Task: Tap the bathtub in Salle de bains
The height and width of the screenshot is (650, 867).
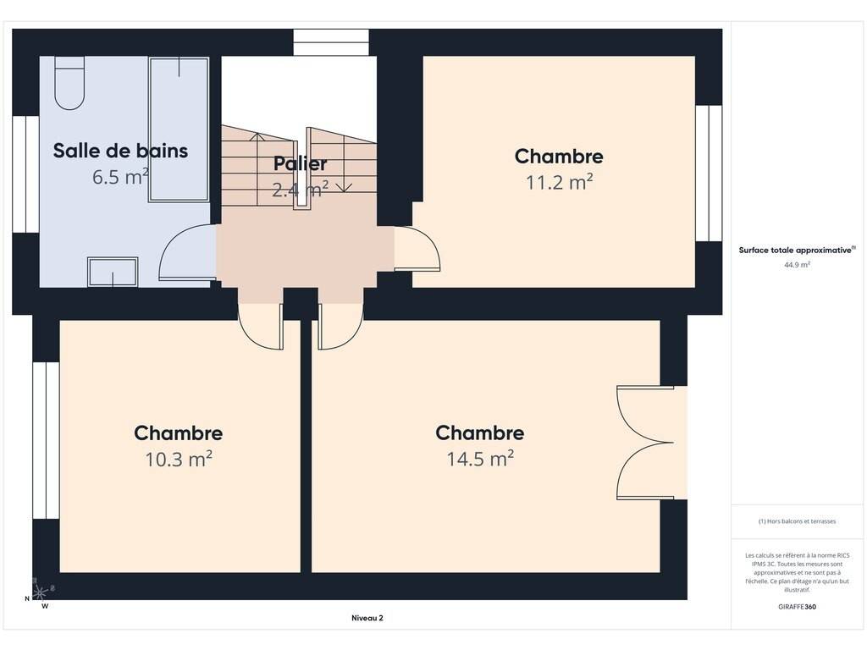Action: pos(179,129)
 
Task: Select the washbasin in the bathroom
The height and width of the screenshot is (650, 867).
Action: pos(113,272)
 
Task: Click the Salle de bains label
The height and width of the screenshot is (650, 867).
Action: pos(120,151)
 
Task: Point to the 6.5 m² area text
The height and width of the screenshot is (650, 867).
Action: pos(120,177)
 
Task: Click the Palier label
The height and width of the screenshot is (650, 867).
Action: pos(301,163)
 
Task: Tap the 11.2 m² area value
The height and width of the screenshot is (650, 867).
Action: pos(559,182)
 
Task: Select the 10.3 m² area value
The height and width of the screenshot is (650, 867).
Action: pos(179,459)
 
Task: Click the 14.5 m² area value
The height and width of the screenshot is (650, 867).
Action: pos(480,459)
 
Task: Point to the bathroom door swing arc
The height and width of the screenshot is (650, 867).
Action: pos(166,246)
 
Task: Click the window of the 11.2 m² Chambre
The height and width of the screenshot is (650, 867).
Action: pos(709,173)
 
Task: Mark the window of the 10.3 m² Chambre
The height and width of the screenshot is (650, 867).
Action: pos(46,440)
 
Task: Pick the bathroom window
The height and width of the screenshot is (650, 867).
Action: pos(26,174)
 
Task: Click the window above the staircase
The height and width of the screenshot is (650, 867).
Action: pos(331,42)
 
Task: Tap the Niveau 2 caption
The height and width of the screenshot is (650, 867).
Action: pos(367,618)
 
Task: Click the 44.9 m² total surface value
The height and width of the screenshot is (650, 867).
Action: pos(797,265)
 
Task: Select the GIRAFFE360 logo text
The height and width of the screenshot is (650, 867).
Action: pos(797,606)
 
